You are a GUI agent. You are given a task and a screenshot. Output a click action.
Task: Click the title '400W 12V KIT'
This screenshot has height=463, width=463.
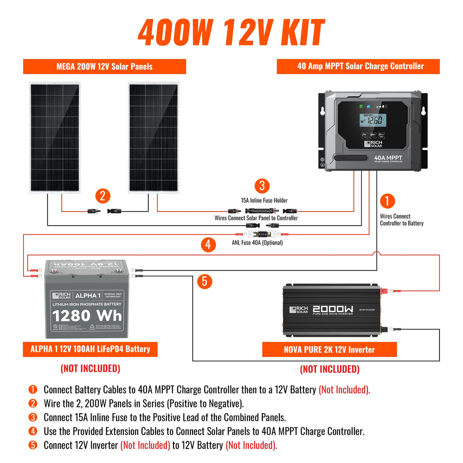click(231, 33)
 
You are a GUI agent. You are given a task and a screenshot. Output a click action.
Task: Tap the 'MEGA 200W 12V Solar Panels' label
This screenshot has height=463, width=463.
click(104, 66)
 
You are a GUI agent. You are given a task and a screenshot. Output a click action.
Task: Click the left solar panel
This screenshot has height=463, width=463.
click(55, 137)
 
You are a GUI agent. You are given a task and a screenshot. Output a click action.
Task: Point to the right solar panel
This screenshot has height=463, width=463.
click(153, 137)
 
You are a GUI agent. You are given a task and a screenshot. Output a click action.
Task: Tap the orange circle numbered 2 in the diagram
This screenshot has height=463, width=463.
click(103, 196)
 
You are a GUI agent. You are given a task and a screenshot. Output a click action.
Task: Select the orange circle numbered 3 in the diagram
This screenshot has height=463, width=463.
click(262, 186)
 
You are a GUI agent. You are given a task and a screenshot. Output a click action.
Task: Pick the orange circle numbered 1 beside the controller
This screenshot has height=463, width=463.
click(387, 201)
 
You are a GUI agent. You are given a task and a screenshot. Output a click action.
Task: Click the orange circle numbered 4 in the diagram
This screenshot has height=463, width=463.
click(208, 245)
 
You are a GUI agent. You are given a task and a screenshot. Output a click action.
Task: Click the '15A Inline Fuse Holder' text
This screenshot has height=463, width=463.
click(264, 200)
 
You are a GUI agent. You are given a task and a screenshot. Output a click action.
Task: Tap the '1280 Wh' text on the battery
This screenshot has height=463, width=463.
click(87, 316)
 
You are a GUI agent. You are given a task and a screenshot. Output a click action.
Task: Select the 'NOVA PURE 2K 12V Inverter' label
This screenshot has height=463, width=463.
click(329, 350)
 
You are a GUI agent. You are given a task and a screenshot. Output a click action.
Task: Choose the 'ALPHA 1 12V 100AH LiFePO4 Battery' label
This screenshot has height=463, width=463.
click(90, 349)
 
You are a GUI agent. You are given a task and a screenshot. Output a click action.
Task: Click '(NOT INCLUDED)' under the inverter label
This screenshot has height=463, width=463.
click(329, 369)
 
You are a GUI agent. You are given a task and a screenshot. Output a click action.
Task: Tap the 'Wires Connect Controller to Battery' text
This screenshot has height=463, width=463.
click(402, 220)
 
